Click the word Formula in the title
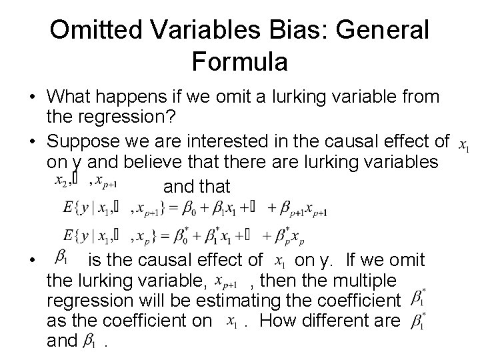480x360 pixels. [x=239, y=61]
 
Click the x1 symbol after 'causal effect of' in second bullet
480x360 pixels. [x=465, y=143]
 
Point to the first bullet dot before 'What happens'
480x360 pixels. [x=31, y=98]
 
